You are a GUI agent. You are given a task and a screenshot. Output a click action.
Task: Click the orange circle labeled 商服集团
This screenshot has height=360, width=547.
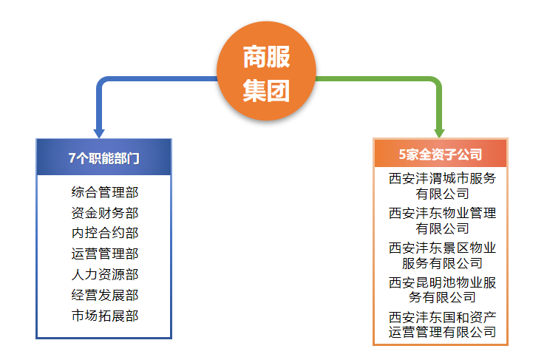(267, 71)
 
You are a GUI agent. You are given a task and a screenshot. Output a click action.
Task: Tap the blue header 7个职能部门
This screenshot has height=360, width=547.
(104, 157)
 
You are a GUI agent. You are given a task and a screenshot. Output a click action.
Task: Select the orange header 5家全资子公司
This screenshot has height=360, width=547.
(441, 154)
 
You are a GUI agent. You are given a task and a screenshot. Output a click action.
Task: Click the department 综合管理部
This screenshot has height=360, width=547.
(105, 192)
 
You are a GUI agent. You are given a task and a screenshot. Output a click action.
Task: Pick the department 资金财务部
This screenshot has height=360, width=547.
(105, 213)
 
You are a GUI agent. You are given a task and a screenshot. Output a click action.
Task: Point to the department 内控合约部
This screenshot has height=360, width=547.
(105, 233)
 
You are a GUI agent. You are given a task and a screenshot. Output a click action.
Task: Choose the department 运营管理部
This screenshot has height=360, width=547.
(105, 254)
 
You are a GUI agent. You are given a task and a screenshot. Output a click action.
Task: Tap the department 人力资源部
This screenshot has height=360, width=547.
(105, 274)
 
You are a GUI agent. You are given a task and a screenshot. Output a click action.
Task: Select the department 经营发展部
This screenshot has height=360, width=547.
(105, 295)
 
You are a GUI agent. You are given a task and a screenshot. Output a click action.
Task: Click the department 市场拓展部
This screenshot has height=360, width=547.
(105, 316)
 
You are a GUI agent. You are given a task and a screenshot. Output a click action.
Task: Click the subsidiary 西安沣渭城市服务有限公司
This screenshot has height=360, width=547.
(442, 186)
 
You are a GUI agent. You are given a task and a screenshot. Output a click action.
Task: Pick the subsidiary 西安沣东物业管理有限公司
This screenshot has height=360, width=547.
(442, 220)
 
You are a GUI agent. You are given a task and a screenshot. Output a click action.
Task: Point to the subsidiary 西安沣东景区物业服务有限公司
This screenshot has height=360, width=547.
(442, 255)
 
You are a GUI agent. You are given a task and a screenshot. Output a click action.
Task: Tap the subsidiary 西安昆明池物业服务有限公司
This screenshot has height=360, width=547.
(442, 290)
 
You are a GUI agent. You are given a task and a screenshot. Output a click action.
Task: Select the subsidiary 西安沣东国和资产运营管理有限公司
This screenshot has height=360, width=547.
(442, 325)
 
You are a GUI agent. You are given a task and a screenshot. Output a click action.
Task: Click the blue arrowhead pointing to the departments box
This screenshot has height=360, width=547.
(99, 134)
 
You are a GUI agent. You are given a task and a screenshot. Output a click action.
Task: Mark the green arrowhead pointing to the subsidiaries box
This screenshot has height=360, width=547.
(439, 133)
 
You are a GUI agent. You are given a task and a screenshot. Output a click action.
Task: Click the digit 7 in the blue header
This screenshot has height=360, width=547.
(72, 158)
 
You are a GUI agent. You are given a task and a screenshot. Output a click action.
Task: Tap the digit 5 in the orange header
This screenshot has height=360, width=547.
(402, 154)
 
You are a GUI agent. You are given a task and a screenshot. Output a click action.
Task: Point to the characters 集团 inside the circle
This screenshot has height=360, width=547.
(266, 90)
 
